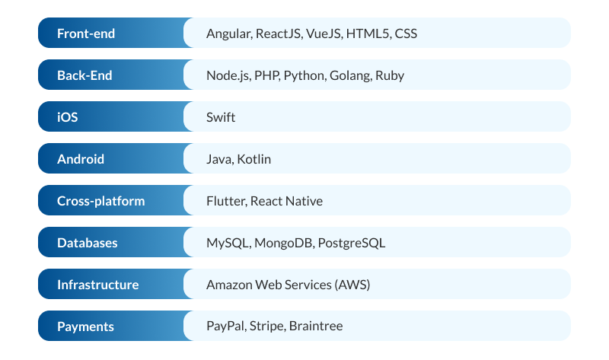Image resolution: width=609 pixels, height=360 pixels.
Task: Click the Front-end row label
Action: pos(86,33)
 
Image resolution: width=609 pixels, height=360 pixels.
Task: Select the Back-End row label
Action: pos(84,75)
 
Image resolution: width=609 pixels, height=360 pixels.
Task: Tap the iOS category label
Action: pos(68,117)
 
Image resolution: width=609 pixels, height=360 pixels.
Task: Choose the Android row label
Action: pos(81,159)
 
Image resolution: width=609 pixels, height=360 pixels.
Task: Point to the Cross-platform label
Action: pos(100,201)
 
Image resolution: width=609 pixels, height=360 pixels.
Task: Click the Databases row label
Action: pos(88,243)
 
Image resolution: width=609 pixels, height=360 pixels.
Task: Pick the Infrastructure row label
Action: pos(97,285)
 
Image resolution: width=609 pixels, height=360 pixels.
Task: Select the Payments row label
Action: pos(85,327)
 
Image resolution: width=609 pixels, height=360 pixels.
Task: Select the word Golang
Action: pos(350,75)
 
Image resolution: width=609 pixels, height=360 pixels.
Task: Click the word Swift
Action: pos(221,117)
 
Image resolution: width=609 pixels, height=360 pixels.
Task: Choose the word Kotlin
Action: pos(253,159)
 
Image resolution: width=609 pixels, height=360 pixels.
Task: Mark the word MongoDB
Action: pos(282,243)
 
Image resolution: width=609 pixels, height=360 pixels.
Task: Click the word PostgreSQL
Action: pos(352,243)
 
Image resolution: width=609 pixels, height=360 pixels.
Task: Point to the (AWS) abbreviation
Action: pos(353,285)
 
